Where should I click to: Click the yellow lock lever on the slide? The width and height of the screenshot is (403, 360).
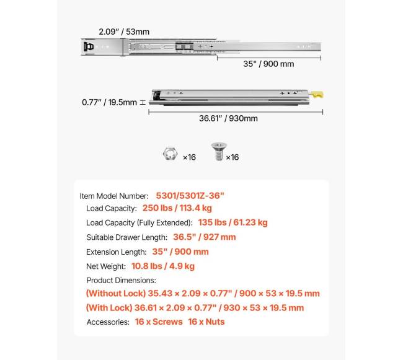(317, 95)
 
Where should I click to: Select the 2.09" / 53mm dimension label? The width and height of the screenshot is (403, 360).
(124, 32)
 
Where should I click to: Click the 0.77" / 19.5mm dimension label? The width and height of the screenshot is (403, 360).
(109, 102)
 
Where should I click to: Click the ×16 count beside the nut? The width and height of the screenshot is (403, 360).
(189, 157)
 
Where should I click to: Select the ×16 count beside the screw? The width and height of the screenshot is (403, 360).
(232, 157)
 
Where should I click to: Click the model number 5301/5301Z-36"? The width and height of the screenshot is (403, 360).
(190, 195)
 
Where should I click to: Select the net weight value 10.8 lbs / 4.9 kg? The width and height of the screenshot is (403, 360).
(162, 266)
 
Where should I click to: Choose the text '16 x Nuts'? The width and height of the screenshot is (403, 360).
(206, 322)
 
